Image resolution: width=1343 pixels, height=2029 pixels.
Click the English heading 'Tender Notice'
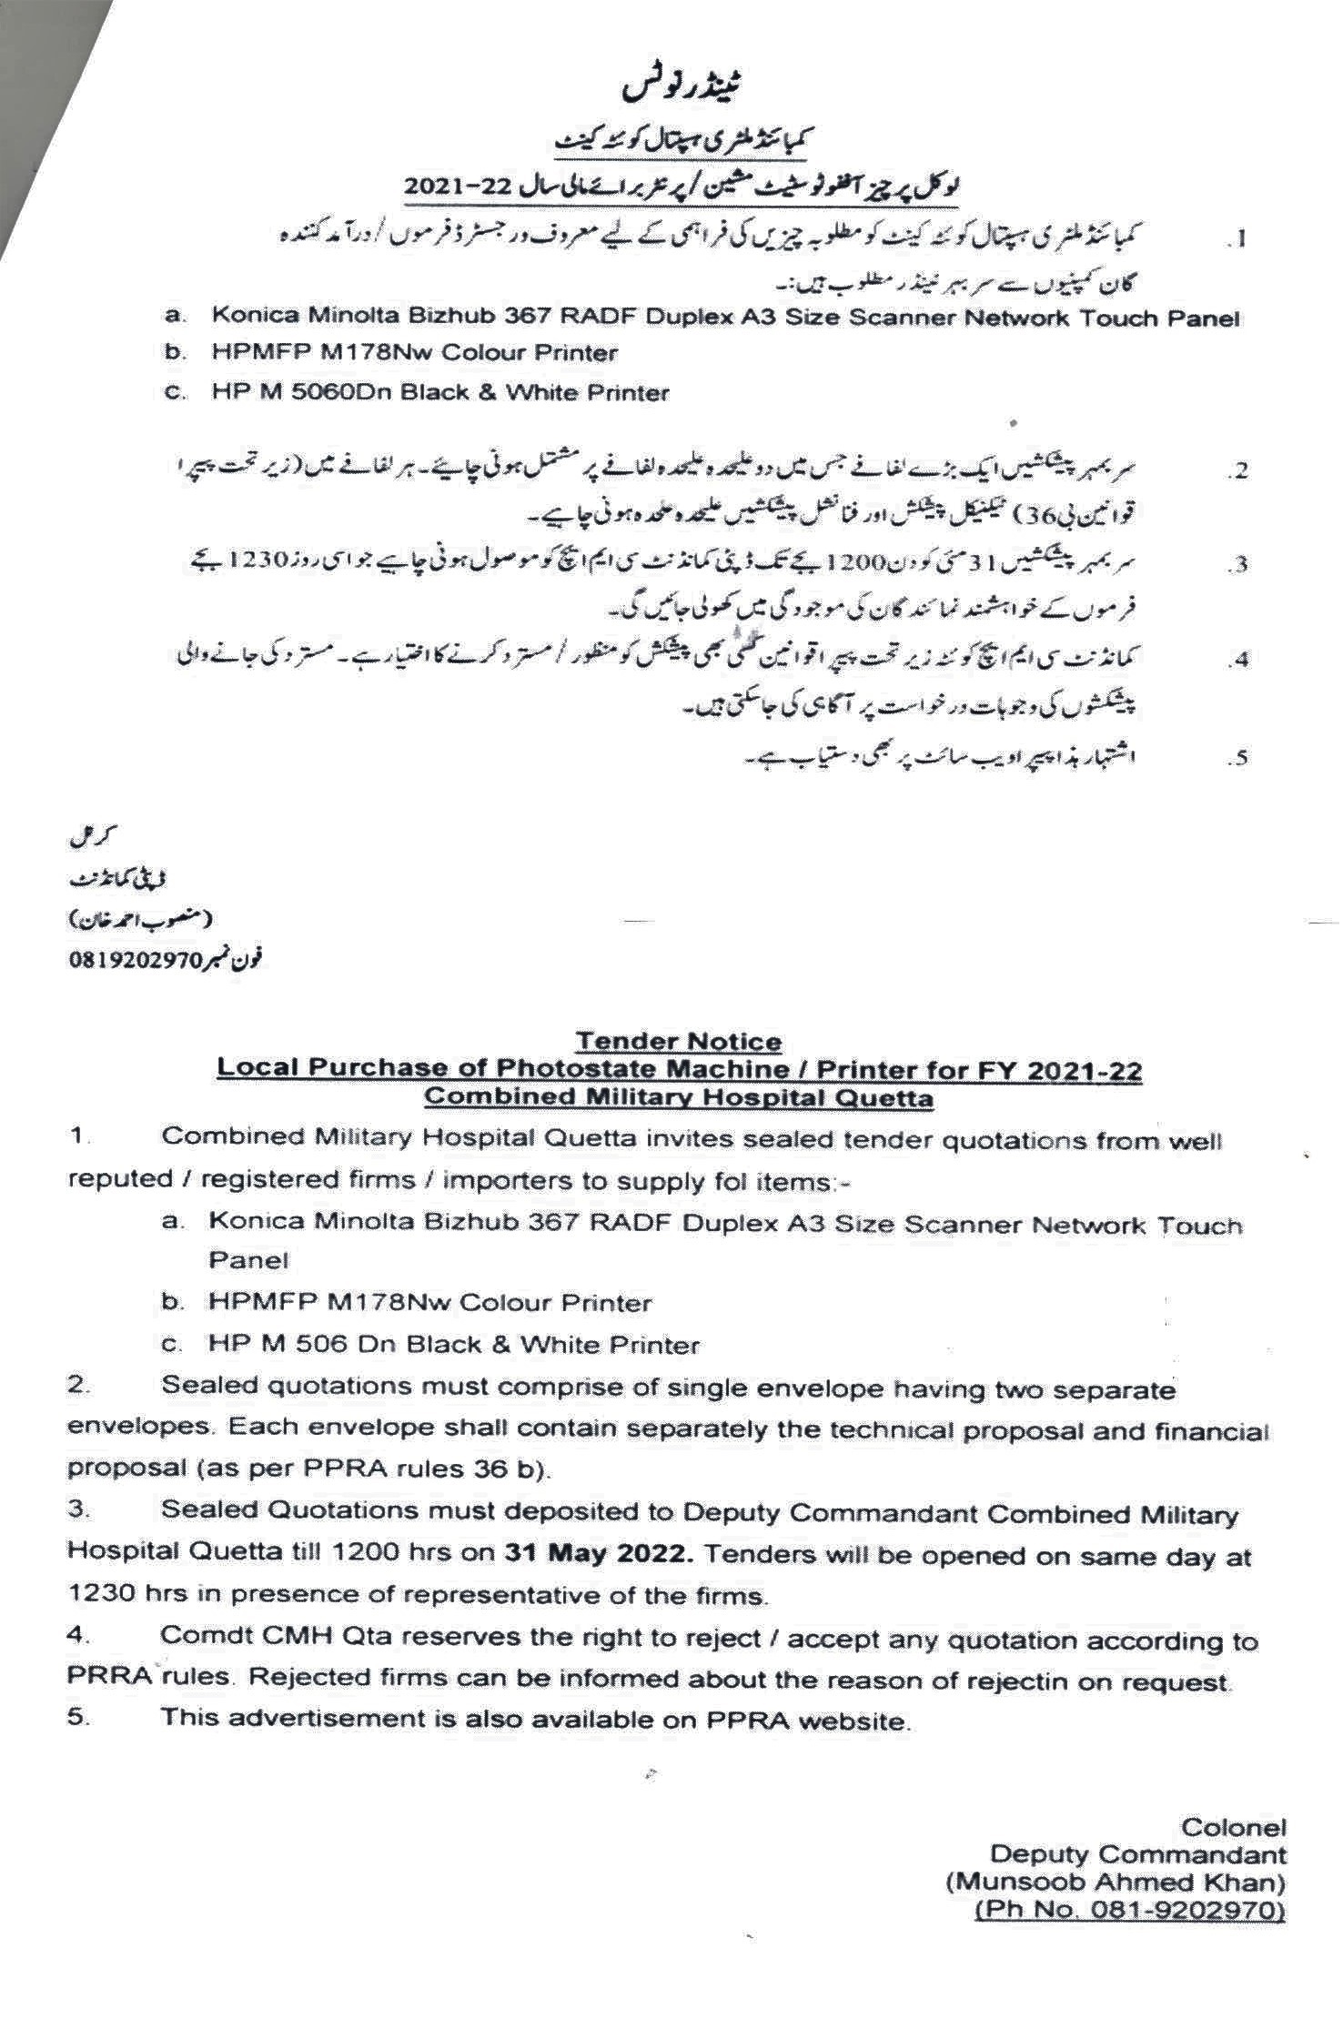click(x=678, y=1041)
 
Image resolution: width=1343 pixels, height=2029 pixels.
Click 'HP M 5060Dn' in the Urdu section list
click(x=287, y=393)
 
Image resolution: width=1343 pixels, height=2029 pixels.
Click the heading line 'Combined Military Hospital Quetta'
click(x=678, y=1098)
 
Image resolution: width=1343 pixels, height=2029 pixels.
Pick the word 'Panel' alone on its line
click(x=248, y=1261)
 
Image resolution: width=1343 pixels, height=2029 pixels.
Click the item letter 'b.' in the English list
click(x=173, y=1303)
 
